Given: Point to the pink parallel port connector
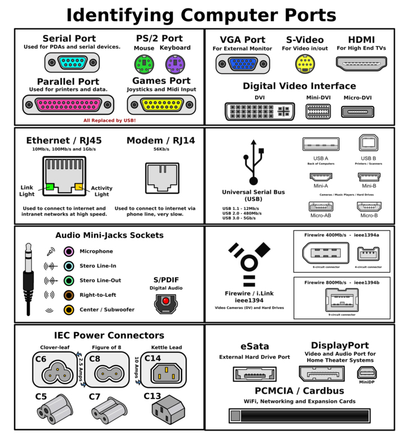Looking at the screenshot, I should (x=68, y=105).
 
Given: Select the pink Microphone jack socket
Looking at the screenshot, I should (x=68, y=251).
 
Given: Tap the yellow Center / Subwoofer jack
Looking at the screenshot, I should (x=68, y=310).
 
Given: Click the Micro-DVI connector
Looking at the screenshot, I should (x=358, y=111).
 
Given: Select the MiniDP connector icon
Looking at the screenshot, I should (x=368, y=373).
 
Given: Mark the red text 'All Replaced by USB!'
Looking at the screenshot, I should (x=109, y=120).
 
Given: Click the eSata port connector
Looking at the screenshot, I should (x=255, y=373).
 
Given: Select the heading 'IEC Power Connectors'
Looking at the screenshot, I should (x=109, y=335).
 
